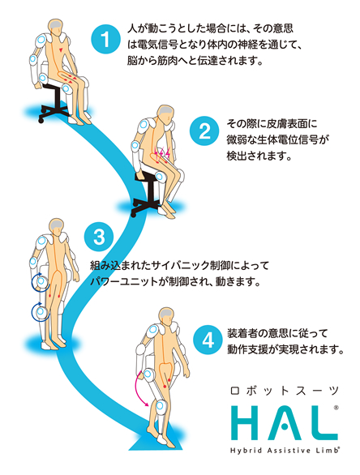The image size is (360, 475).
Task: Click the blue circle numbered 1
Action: [105, 40]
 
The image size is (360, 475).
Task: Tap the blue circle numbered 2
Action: [204, 131]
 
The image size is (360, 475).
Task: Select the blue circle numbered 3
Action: [99, 237]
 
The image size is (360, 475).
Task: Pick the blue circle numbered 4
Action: [208, 340]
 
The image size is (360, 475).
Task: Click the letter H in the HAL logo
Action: [248, 423]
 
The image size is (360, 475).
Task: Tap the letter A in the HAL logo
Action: [284, 423]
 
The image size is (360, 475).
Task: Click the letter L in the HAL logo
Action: [322, 423]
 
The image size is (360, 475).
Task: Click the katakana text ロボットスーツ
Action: [285, 391]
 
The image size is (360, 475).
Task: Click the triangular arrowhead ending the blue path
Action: [156, 444]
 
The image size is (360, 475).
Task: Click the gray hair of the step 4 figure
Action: [166, 315]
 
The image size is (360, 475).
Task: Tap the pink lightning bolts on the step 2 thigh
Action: [161, 153]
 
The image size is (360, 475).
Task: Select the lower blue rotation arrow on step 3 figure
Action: [40, 311]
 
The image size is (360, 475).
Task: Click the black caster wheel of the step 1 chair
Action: [41, 121]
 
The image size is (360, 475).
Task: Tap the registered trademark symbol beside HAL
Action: [336, 408]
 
